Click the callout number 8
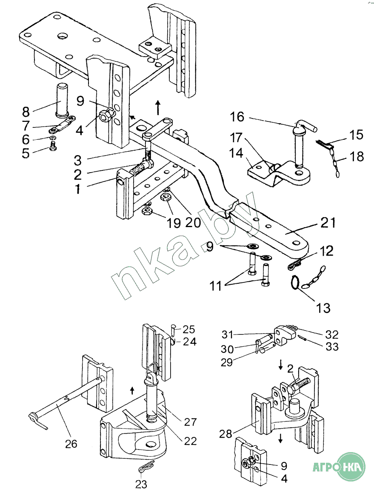coord(26,112)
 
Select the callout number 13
coord(323,308)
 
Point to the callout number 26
coord(71,444)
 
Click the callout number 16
coord(237,117)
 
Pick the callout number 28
coord(226,434)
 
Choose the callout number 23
coord(141,484)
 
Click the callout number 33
coord(332,346)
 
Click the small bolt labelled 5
coord(53,145)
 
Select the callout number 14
coord(236,153)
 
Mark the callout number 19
coord(173,223)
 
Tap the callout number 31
coord(227,334)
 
